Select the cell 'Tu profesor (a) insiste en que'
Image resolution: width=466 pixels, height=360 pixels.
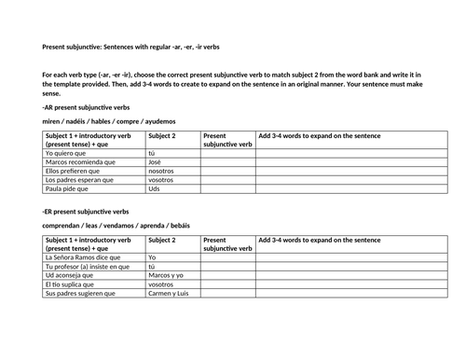click(x=88, y=266)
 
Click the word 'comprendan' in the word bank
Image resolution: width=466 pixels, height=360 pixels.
click(x=64, y=227)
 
